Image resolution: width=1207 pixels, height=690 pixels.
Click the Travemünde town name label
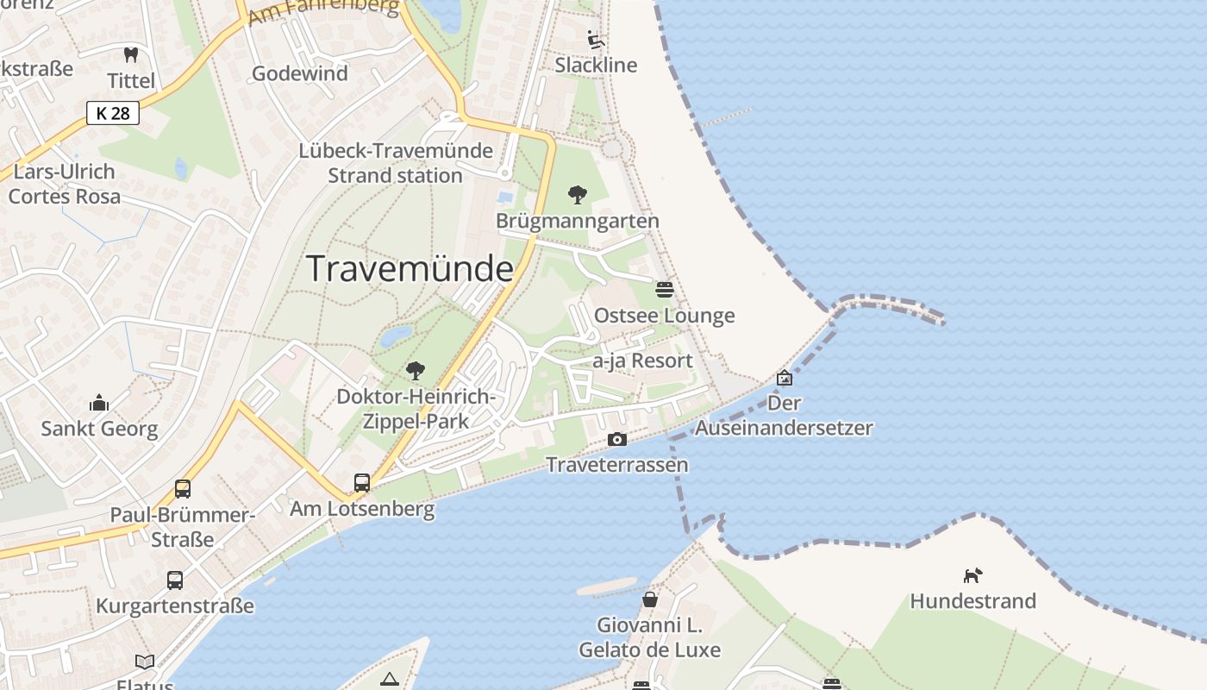[x=410, y=269]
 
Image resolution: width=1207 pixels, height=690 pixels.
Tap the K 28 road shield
[x=113, y=113]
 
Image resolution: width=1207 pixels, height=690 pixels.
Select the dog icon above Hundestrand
[x=972, y=575]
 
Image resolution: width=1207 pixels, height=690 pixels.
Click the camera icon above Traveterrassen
[x=617, y=440]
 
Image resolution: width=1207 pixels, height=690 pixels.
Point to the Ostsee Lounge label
[x=664, y=316]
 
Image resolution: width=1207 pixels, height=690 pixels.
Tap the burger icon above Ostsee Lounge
[x=664, y=290]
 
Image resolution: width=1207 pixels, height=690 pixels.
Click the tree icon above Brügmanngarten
[x=578, y=195]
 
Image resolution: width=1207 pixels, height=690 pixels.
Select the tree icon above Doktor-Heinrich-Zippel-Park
[x=416, y=371]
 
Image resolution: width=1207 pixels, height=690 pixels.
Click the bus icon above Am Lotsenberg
[x=362, y=483]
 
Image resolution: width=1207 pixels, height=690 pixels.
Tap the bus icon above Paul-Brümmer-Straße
[x=183, y=489]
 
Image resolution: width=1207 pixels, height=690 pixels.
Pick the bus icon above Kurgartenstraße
[x=175, y=580]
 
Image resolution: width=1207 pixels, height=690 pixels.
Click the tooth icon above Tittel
[x=131, y=55]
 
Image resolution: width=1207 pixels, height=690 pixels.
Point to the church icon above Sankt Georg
[x=99, y=403]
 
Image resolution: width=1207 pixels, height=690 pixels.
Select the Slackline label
[x=596, y=66]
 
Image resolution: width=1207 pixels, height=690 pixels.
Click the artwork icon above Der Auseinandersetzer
[x=785, y=378]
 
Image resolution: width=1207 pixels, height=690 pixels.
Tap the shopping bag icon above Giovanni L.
[x=649, y=599]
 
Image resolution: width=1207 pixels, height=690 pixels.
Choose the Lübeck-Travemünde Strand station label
[x=396, y=163]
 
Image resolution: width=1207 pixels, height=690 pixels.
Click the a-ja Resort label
[x=642, y=361]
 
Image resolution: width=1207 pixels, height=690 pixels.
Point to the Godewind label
[x=300, y=74]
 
